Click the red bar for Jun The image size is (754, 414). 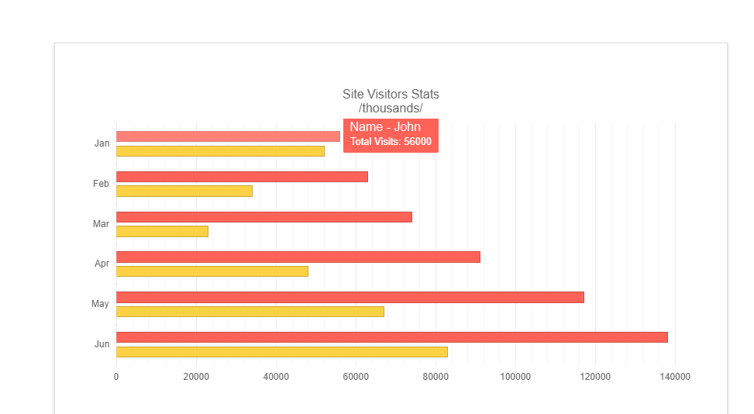[x=391, y=337]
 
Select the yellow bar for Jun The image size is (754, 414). [x=282, y=352]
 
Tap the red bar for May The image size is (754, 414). [x=349, y=297]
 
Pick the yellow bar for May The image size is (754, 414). [x=250, y=312]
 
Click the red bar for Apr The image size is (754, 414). [x=298, y=257]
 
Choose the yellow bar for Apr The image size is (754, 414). [x=212, y=271]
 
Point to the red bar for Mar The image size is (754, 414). [x=263, y=217]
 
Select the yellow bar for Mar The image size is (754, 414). [x=162, y=231]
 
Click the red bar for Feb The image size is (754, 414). [x=242, y=177]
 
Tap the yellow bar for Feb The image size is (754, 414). [x=184, y=191]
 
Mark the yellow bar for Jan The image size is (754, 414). [x=220, y=151]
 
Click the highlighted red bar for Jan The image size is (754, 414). [x=228, y=136]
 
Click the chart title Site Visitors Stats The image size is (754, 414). [x=391, y=95]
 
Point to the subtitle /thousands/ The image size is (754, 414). [x=391, y=109]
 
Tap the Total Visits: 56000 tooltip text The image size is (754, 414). [x=391, y=142]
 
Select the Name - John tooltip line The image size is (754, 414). [x=385, y=127]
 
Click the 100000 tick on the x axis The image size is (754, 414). [x=515, y=377]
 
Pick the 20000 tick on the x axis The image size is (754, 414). [x=196, y=377]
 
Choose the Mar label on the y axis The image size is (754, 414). [x=101, y=224]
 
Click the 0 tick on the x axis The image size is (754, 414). [x=116, y=377]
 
